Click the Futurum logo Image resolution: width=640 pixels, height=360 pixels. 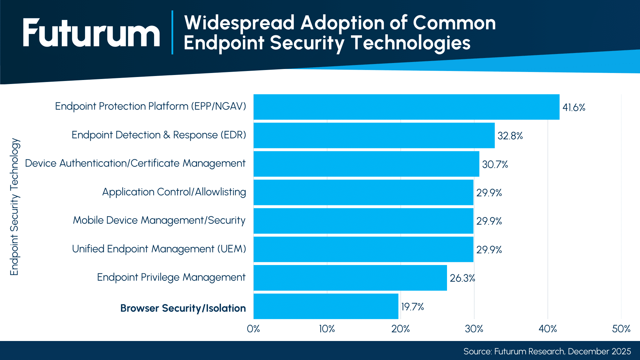91,33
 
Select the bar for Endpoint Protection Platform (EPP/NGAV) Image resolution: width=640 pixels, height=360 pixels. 406,107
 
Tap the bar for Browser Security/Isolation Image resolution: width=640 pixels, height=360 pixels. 326,306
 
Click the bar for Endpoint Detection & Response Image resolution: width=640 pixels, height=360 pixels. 374,135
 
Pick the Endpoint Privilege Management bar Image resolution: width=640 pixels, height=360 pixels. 350,278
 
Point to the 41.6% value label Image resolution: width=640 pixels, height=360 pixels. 574,107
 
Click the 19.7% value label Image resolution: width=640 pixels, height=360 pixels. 412,307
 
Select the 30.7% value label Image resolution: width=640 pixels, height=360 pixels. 495,164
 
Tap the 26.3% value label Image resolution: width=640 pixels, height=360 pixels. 462,278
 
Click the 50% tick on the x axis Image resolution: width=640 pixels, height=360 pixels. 621,329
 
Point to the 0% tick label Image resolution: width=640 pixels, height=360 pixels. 253,329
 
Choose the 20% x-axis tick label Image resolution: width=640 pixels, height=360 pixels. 400,329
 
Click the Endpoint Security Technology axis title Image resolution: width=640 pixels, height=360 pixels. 15,207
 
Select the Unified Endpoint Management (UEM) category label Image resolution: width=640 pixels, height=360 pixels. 159,249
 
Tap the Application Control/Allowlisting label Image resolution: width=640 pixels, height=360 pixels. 174,192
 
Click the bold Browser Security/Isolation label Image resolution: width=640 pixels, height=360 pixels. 183,308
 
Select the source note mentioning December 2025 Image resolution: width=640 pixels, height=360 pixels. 547,351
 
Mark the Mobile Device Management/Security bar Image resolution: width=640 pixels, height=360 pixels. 363,221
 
